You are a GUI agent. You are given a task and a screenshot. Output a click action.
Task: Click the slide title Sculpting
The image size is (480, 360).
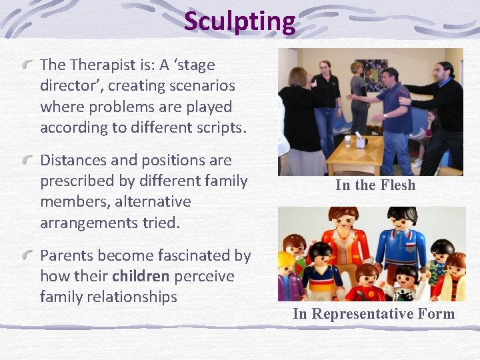[x=239, y=21]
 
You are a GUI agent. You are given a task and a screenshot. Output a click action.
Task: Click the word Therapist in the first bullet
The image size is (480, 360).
[x=99, y=65]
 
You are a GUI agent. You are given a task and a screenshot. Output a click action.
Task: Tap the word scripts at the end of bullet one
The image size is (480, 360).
[x=222, y=127]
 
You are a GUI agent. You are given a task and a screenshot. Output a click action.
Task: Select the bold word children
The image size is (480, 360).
[x=141, y=276]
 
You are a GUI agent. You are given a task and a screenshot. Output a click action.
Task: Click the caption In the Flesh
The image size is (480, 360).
[x=375, y=185]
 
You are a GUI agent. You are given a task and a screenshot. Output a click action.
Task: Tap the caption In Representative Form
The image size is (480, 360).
[x=373, y=313]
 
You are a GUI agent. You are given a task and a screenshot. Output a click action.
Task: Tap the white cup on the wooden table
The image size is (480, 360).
[x=347, y=141]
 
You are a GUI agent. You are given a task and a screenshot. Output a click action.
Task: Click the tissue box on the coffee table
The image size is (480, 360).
[x=361, y=141]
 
